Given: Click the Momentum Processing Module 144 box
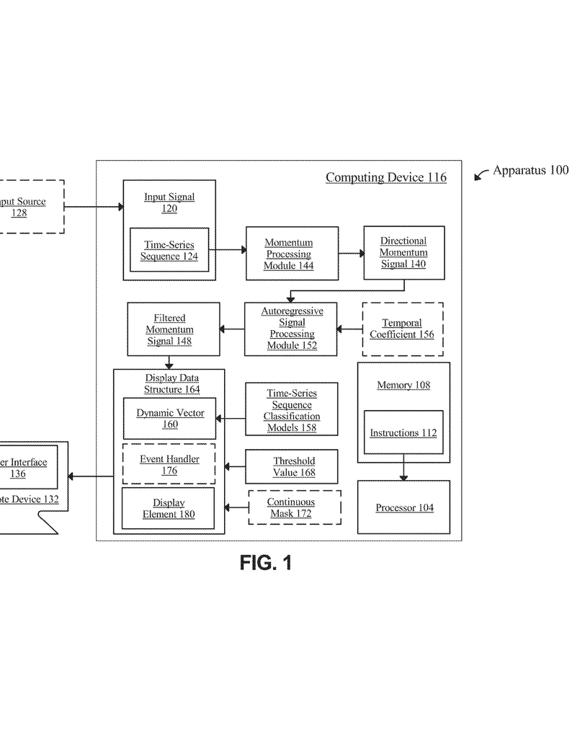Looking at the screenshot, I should (x=288, y=254).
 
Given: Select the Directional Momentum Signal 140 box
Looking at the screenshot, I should (x=403, y=253).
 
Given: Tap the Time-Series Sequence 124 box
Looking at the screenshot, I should (x=169, y=250).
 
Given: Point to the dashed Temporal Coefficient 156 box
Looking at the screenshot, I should (x=402, y=329).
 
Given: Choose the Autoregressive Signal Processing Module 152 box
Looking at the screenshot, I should (x=291, y=329).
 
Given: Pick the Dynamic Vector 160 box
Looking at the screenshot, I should (x=169, y=418).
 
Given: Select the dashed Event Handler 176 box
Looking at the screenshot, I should (x=169, y=464).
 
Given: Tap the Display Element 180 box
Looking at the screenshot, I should (x=169, y=508).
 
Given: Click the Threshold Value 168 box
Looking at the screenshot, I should (x=291, y=467).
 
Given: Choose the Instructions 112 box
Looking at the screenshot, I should (x=403, y=432).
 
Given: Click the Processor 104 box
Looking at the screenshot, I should (x=404, y=507).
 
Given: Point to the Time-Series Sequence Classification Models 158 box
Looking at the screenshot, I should (x=291, y=410).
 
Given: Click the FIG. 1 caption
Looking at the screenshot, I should (x=267, y=563).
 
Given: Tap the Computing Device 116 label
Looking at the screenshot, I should (x=385, y=177).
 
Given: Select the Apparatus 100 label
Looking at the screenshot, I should (x=530, y=171).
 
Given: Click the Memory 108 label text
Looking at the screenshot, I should (x=403, y=385).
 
